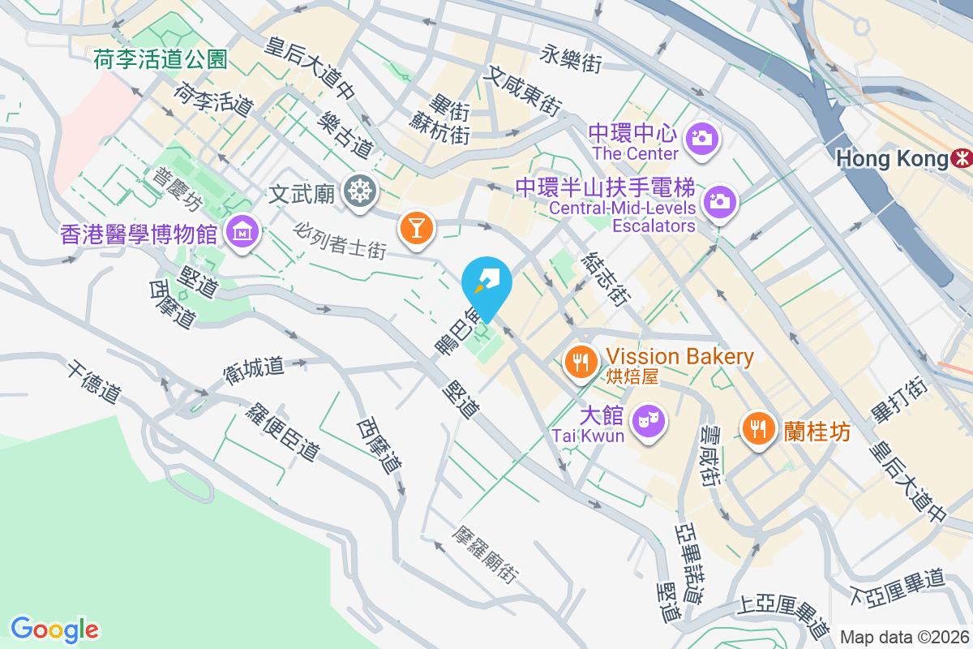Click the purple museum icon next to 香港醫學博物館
[242, 234]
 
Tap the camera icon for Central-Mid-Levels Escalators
[719, 200]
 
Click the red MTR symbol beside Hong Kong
[962, 158]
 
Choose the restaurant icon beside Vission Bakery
[579, 361]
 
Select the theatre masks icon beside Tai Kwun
[647, 420]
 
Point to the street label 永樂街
[572, 58]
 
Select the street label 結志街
[605, 278]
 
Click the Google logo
[54, 629]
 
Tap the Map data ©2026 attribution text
[904, 637]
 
